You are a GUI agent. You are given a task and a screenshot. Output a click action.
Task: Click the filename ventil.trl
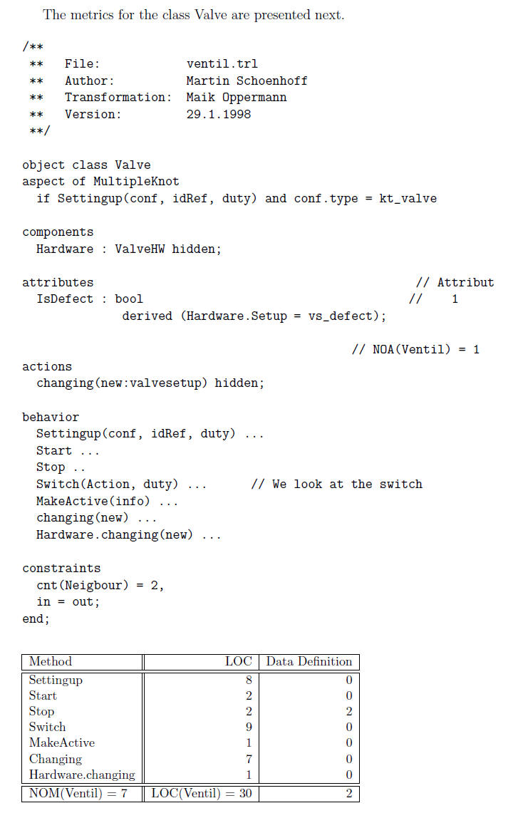tap(222, 64)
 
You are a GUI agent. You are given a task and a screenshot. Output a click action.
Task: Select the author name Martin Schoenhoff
tap(247, 81)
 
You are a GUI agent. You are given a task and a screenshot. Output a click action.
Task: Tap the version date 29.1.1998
tap(218, 114)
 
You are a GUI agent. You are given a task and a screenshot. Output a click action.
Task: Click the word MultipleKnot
tap(136, 182)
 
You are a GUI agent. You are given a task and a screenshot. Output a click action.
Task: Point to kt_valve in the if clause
tap(408, 199)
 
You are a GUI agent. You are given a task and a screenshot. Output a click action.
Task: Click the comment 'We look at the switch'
tap(336, 485)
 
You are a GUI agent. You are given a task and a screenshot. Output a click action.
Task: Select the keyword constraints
tap(61, 569)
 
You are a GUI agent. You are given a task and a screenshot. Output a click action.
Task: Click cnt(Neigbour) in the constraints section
tap(83, 586)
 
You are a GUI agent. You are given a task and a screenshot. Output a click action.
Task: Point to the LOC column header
tap(238, 662)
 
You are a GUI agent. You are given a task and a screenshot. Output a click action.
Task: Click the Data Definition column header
tap(309, 662)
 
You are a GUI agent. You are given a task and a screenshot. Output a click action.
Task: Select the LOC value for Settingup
tap(249, 680)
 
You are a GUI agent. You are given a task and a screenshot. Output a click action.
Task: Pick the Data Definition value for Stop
tap(349, 711)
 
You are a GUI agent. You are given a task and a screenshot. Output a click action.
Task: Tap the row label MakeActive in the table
tap(62, 743)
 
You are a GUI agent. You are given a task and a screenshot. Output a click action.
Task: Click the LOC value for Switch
tap(249, 727)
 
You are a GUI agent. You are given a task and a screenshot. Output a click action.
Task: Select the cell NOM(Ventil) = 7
tap(78, 793)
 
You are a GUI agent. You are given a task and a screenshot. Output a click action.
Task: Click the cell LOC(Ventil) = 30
tap(201, 793)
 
